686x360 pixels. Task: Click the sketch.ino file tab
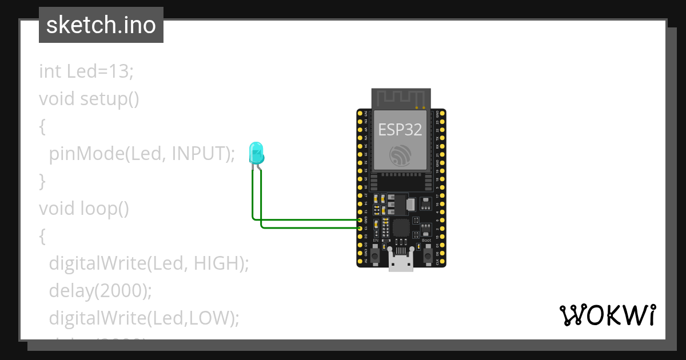[101, 25]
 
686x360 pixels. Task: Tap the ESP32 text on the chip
[400, 129]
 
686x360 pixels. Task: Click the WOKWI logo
[607, 315]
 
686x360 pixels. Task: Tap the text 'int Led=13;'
[86, 71]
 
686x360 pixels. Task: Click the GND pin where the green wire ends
[360, 220]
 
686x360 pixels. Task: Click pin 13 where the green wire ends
[360, 228]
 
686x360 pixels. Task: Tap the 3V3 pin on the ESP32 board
[360, 114]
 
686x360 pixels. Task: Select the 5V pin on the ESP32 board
[360, 261]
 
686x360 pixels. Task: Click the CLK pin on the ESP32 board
[442, 261]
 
